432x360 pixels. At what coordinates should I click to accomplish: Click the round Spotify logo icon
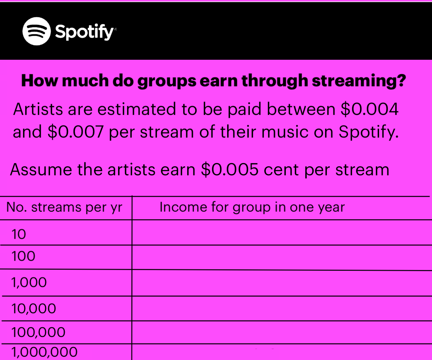(36, 31)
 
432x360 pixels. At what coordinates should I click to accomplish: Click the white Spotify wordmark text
(85, 32)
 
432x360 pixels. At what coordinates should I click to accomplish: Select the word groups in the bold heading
(167, 81)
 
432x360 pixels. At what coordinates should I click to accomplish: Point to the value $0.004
(369, 109)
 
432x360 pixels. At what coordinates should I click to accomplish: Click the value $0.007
(76, 131)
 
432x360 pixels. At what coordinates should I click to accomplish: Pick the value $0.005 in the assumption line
(230, 170)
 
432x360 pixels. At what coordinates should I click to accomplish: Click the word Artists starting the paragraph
(38, 109)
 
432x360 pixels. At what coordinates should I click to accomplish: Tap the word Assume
(41, 170)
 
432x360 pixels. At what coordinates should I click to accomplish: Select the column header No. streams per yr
(64, 207)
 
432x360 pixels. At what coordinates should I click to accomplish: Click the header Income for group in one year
(252, 207)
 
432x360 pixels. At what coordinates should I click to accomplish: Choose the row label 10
(19, 234)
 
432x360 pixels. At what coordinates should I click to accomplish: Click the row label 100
(23, 256)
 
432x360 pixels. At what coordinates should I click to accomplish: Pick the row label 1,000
(29, 282)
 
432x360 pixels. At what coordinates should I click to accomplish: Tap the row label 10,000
(34, 309)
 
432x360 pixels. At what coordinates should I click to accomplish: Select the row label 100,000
(39, 332)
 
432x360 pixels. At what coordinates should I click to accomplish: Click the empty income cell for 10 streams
(282, 233)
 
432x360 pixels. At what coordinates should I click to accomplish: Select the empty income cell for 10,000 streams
(282, 309)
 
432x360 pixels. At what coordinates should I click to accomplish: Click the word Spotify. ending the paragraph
(369, 132)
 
